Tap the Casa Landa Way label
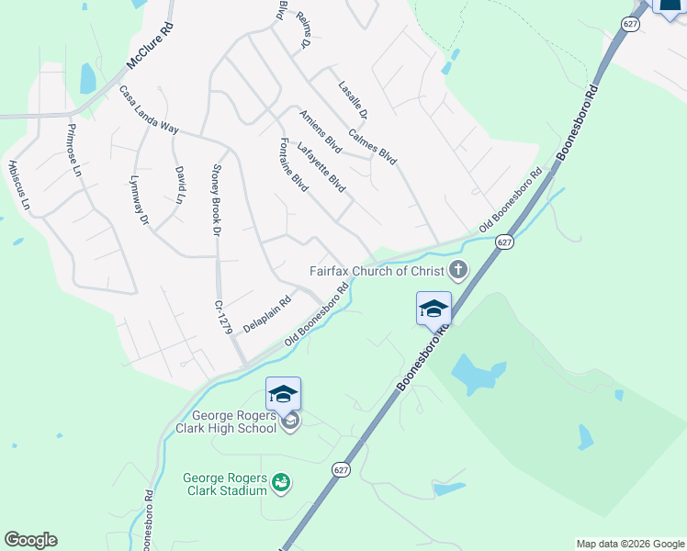(x=148, y=110)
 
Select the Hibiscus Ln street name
(x=19, y=186)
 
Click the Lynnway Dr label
(x=139, y=199)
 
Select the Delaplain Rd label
(x=266, y=309)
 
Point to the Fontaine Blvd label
(x=292, y=164)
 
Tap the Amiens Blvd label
(x=321, y=131)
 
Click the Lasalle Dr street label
(x=353, y=100)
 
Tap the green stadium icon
(x=282, y=481)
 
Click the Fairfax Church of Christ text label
(x=377, y=271)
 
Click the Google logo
(x=30, y=540)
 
